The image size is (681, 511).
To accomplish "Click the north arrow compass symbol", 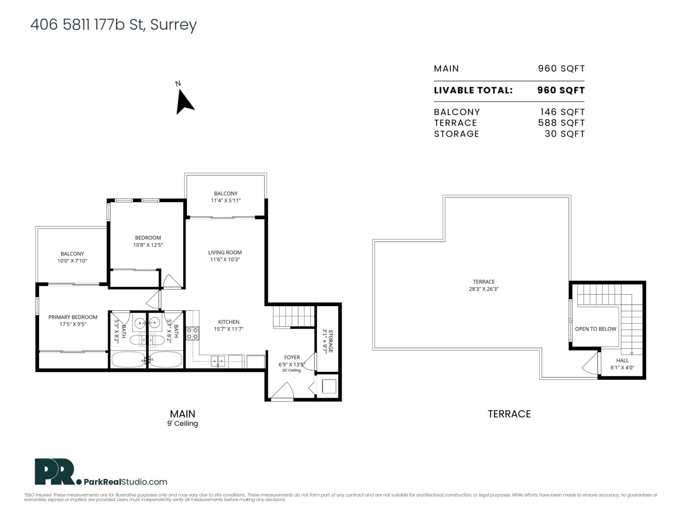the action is coord(184,102).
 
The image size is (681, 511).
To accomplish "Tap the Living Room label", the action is coord(225,253).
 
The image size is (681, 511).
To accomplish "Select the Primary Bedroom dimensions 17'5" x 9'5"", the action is coord(73,324).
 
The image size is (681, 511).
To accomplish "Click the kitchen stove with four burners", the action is coord(192,333).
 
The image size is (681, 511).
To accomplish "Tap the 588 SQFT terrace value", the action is coord(561,123).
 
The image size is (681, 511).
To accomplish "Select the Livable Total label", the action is coord(473,90).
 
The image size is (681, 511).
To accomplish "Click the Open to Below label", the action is coord(595,329).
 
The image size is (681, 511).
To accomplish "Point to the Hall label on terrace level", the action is coord(622,360).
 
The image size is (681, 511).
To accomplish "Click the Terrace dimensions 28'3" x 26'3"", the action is coord(484,289).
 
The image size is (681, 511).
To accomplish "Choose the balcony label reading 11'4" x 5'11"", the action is coord(226,201).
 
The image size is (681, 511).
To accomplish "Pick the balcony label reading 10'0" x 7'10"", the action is coord(72,261).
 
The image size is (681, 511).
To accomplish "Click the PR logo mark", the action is coord(54,472).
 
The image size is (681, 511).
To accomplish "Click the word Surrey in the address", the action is coord(173,25).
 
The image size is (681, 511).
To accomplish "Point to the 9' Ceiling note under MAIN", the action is coord(182,423).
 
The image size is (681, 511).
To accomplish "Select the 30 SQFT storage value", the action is coord(564,134).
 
